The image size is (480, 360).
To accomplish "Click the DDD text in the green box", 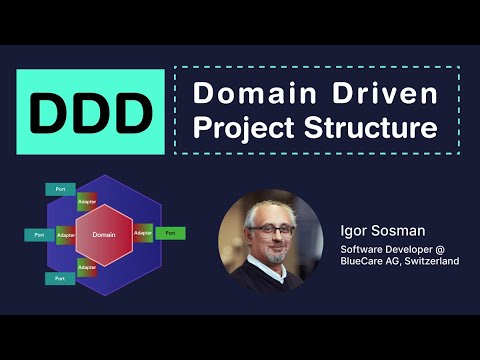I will (85, 110).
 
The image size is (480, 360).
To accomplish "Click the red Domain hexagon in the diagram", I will (104, 234).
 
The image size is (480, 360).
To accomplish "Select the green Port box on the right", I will (170, 233).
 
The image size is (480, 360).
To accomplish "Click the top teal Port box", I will (59, 189).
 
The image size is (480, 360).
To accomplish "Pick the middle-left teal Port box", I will (38, 234).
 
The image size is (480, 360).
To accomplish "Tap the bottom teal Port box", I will (59, 278).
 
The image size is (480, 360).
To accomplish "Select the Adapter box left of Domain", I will (66, 234).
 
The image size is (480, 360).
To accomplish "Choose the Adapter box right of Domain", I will (142, 233).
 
